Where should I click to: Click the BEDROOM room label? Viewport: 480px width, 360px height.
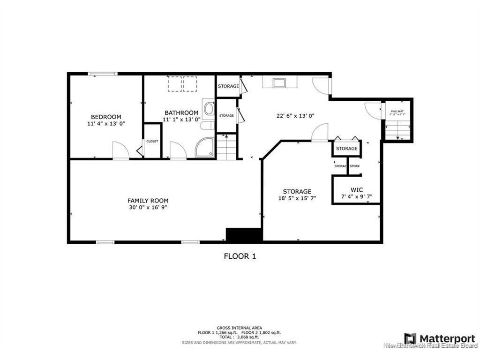[x=106, y=117]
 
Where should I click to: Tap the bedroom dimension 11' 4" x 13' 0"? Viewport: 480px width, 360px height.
[x=106, y=124]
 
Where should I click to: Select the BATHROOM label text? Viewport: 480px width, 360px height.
[x=181, y=112]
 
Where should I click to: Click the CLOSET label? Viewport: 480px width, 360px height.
[x=152, y=141]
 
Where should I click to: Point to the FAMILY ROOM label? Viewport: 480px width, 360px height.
[x=148, y=201]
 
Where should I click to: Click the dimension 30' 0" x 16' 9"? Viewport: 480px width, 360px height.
[x=148, y=208]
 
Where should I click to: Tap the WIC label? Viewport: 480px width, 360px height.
[x=357, y=190]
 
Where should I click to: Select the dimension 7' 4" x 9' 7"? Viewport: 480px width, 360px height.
[x=357, y=197]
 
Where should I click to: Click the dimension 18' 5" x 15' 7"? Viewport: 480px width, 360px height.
[x=297, y=198]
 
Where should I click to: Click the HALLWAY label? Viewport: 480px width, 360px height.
[x=397, y=112]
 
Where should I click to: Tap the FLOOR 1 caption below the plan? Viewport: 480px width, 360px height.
[x=240, y=256]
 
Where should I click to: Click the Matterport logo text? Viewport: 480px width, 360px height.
[x=447, y=338]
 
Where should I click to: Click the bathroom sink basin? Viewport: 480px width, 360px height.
[x=209, y=109]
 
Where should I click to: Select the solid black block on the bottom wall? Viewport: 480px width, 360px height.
[x=244, y=235]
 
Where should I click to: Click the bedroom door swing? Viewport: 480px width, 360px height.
[x=121, y=152]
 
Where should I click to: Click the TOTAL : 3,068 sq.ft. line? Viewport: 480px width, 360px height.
[x=239, y=337]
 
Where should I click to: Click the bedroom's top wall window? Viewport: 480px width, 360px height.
[x=103, y=74]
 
